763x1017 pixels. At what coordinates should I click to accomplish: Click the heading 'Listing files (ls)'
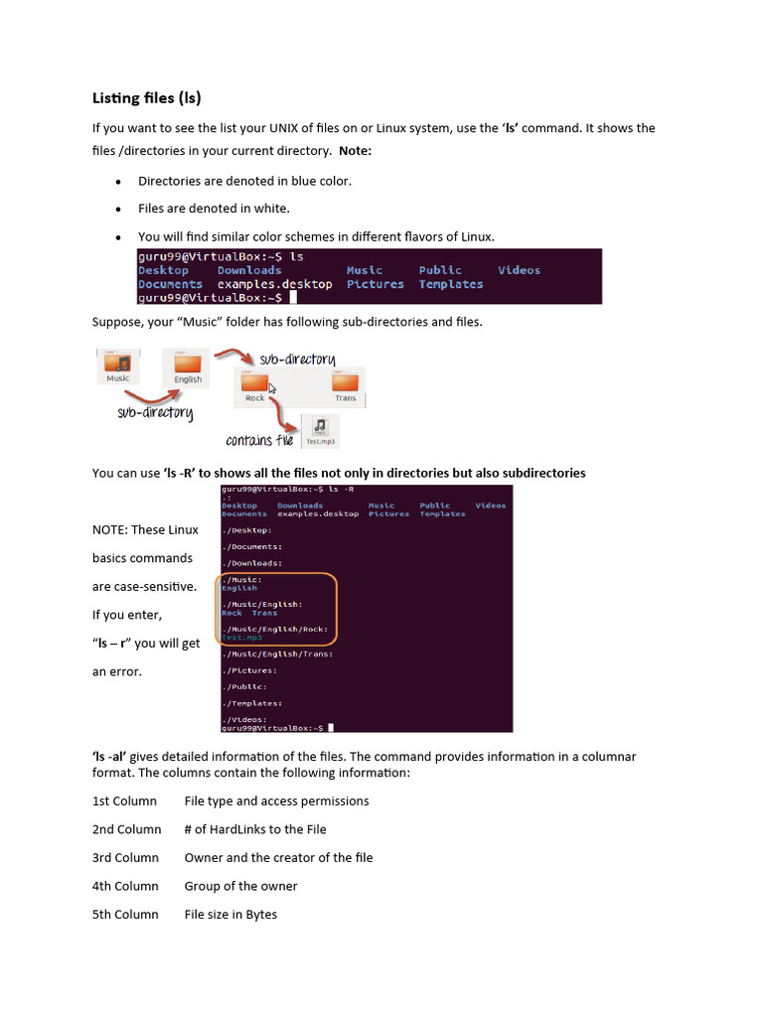146,97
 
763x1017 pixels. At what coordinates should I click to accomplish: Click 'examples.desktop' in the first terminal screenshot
275,284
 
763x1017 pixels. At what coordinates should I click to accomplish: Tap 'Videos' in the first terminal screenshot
519,270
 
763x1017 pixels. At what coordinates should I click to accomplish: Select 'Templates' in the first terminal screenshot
450,284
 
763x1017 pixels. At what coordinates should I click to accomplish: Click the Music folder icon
118,365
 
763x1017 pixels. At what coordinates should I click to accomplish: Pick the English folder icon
187,365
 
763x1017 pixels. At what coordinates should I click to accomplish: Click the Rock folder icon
255,383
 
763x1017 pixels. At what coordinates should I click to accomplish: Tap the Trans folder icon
345,383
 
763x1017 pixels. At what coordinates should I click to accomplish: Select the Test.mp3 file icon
319,430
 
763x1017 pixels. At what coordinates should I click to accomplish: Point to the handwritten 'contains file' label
259,440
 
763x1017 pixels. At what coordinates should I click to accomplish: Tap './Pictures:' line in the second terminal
249,670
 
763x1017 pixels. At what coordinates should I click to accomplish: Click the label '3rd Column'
126,857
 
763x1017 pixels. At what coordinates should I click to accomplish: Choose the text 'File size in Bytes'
230,914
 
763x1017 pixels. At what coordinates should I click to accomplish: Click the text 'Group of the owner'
240,886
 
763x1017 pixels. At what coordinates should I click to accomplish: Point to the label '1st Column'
124,800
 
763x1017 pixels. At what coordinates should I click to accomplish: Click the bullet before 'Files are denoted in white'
117,210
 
